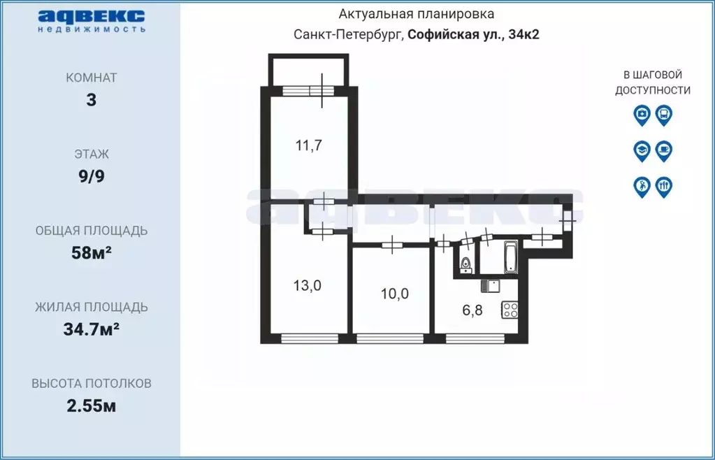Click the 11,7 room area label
point(308,146)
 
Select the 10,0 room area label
point(395,294)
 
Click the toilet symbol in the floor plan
point(465,264)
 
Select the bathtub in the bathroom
point(510,258)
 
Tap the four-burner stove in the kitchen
point(510,309)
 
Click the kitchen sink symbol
point(491,285)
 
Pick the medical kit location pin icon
point(642,115)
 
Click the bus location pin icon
point(664,115)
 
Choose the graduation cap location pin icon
point(642,150)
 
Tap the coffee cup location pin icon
point(664,150)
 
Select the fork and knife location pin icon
point(664,187)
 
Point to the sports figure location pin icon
point(642,187)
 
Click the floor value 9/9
point(92,176)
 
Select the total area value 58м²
point(92,253)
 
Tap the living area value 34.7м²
point(92,329)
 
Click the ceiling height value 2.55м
point(92,405)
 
